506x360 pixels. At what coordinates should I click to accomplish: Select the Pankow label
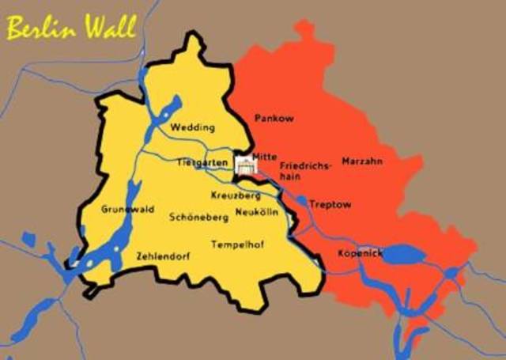click(274, 118)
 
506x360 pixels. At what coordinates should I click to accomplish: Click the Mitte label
click(264, 156)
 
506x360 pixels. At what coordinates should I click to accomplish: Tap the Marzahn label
click(362, 161)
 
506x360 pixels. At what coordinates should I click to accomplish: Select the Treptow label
click(330, 204)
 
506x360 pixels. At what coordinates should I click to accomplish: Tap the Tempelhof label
click(237, 244)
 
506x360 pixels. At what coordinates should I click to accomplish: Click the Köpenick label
click(361, 253)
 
